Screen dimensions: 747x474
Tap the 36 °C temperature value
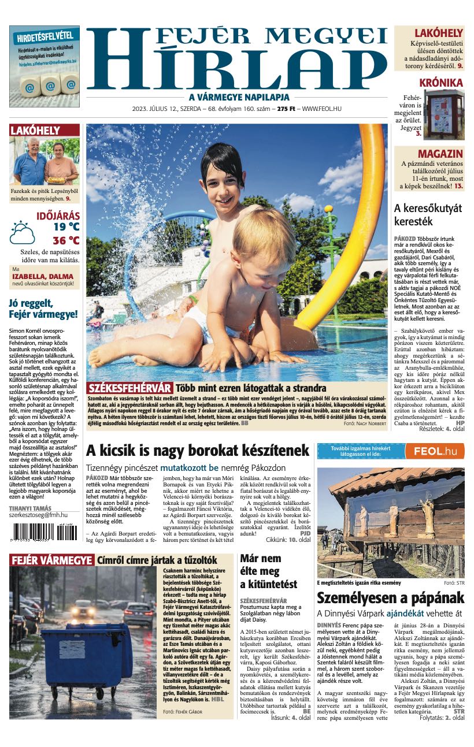click(66, 240)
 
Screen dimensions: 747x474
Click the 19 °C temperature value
click(66, 226)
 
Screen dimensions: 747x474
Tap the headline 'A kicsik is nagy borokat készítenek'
click(198, 450)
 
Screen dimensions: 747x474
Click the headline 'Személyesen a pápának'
click(390, 597)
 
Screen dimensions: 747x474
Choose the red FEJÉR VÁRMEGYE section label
click(51, 560)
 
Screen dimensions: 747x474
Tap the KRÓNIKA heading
click(441, 83)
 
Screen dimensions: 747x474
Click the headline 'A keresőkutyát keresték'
click(428, 214)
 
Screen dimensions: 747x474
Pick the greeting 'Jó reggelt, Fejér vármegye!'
click(43, 309)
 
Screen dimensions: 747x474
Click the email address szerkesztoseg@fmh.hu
click(38, 514)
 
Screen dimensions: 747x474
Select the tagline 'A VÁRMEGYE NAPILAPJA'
click(239, 97)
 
